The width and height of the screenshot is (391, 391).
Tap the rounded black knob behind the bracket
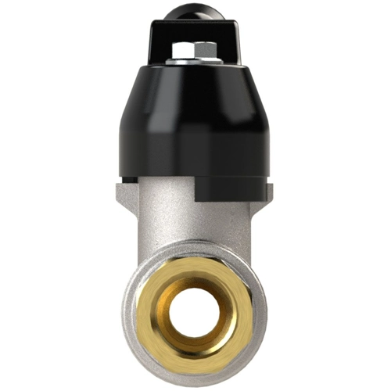(x=195, y=10)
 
